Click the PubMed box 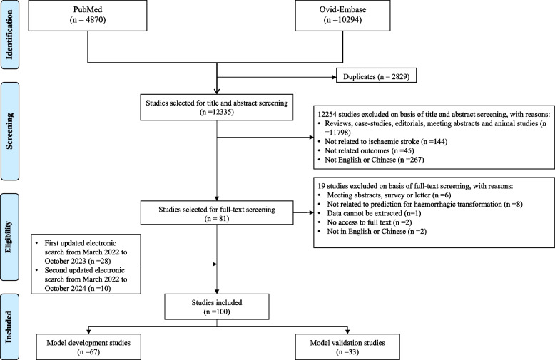point(88,16)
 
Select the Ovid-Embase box point(342,16)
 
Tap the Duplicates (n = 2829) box point(376,76)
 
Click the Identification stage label point(9,34)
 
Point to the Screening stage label point(9,131)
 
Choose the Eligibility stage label point(9,237)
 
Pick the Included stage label point(9,326)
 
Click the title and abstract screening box point(217,107)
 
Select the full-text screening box point(217,212)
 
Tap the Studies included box point(217,307)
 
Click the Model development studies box point(88,347)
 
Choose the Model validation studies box point(347,347)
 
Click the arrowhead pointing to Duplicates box point(334,77)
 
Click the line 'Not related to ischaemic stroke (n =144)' point(386,141)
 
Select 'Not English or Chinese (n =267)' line point(374,160)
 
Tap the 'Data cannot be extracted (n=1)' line point(374,213)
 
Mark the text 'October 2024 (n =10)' point(78,288)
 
